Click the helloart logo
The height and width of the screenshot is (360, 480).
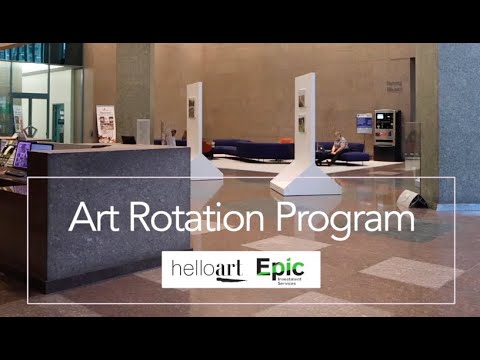(206, 269)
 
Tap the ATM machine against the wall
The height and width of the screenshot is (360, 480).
(386, 134)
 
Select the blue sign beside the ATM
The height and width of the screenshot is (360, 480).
(364, 123)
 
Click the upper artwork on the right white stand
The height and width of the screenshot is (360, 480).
(302, 99)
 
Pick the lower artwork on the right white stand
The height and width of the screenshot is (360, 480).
(302, 123)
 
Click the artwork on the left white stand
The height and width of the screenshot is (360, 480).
(191, 108)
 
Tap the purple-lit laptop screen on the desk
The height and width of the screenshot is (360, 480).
(22, 154)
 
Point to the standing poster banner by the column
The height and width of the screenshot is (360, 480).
(105, 124)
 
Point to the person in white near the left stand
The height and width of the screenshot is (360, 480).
(172, 138)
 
